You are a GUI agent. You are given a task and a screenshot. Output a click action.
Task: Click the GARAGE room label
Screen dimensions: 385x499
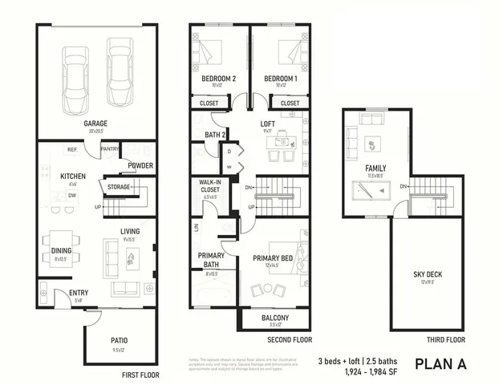pos(96,124)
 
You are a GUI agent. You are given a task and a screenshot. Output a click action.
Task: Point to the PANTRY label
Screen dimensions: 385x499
pos(109,148)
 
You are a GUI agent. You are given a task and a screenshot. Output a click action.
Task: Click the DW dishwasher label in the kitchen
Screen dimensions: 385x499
pos(72,195)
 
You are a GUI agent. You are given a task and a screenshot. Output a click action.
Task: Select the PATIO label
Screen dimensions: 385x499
pos(119,340)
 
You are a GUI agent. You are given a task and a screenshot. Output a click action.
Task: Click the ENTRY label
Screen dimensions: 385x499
pos(79,293)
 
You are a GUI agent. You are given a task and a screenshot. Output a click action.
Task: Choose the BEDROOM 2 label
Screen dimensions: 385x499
pos(218,78)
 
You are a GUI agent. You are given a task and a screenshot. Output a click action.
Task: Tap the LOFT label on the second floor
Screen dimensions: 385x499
pos(268,124)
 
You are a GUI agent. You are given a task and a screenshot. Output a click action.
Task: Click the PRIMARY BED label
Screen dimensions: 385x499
pos(270,258)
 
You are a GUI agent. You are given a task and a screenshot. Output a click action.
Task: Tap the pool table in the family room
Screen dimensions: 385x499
pos(371,192)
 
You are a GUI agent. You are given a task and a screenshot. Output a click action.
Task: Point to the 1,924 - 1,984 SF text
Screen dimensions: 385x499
pos(351,371)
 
